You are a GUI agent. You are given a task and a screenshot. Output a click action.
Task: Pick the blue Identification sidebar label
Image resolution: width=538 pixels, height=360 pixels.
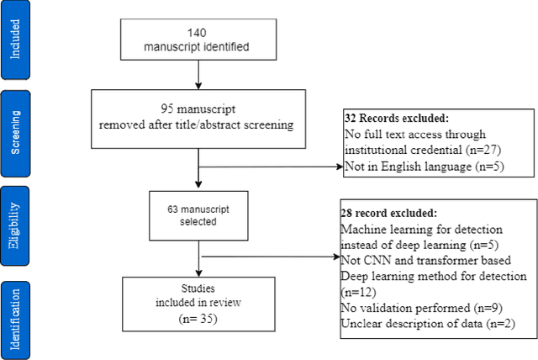click(x=17, y=309)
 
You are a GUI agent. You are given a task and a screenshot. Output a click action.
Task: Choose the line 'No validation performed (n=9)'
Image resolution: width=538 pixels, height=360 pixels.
click(x=415, y=307)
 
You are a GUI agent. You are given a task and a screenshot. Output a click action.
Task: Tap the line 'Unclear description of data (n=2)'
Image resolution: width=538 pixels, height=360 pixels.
click(x=425, y=322)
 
